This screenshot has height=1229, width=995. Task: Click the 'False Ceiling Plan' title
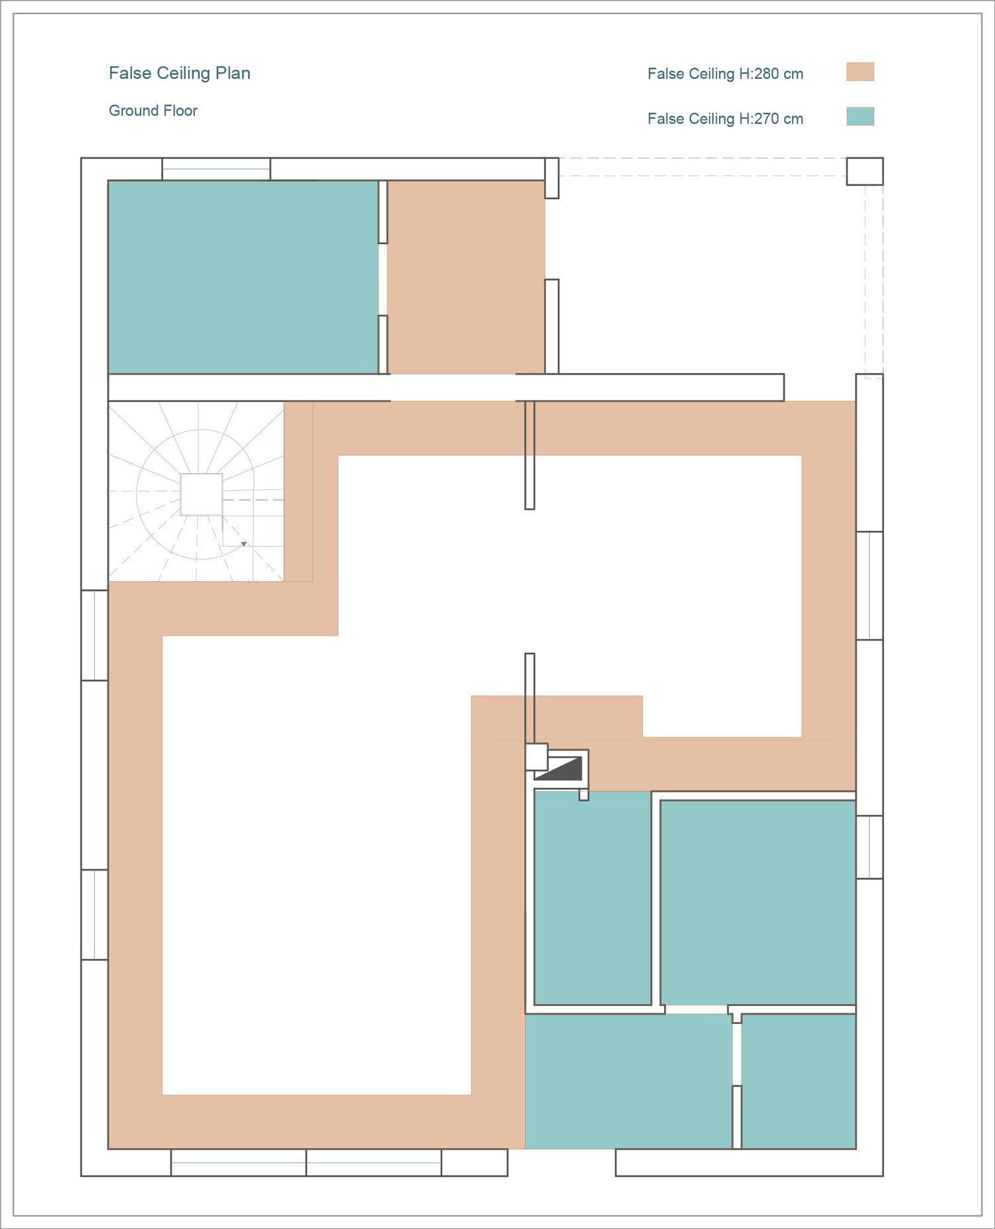click(179, 73)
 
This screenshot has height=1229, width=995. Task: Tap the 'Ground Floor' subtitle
click(153, 111)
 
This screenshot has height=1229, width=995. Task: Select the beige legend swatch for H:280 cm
click(860, 72)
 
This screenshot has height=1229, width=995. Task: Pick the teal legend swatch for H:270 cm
click(860, 116)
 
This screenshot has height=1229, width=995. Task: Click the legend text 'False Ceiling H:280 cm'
click(725, 74)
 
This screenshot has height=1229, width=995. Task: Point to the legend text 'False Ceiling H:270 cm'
click(725, 119)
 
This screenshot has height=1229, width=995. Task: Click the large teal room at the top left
click(243, 277)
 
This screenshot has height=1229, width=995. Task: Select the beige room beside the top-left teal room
click(466, 277)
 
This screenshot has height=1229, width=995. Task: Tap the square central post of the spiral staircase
click(202, 494)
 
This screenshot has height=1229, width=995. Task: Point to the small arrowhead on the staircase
click(243, 544)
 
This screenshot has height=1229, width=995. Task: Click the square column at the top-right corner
click(864, 171)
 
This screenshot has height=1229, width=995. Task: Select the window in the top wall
click(216, 169)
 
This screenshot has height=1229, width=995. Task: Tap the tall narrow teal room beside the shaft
click(592, 898)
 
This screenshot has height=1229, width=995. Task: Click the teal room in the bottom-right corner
click(798, 1081)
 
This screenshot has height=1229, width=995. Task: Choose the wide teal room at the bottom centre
click(628, 1081)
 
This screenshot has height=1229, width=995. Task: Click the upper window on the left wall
click(95, 635)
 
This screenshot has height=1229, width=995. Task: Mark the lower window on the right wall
click(869, 847)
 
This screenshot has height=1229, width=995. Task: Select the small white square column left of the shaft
click(537, 757)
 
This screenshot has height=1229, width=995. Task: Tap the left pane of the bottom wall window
click(239, 1163)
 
